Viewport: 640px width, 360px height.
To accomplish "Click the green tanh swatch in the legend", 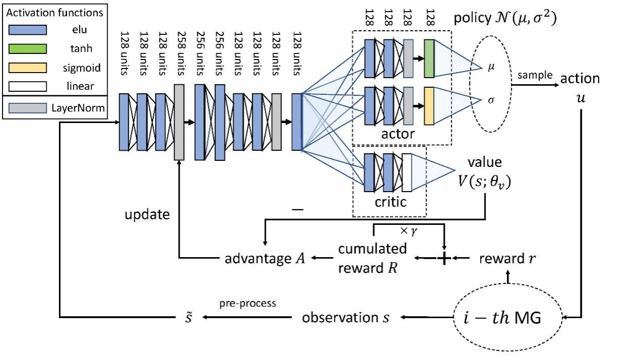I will pos(26,48).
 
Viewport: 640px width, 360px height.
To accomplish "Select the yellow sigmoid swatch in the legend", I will pos(26,68).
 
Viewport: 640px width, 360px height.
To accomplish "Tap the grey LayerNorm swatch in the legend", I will pos(26,107).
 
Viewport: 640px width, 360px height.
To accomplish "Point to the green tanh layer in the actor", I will pos(429,59).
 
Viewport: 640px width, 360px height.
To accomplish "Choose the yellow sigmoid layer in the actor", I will pos(429,106).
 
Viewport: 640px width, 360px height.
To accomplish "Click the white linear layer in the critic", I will pos(407,172).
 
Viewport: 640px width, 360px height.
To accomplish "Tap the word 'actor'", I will pos(397,134).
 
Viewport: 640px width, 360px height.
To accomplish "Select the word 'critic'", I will pos(390,203).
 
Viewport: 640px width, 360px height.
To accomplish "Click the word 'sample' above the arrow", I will pos(535,75).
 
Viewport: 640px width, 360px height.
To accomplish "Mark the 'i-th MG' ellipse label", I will pos(502,319).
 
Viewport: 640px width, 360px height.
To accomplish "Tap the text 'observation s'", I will pos(345,318).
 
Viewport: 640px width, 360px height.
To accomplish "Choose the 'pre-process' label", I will pos(247,304).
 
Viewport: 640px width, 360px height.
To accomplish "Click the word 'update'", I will pos(147,214).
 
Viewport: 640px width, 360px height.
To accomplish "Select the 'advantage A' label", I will pos(264,259).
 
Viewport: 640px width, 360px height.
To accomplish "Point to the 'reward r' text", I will pos(507,259).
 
